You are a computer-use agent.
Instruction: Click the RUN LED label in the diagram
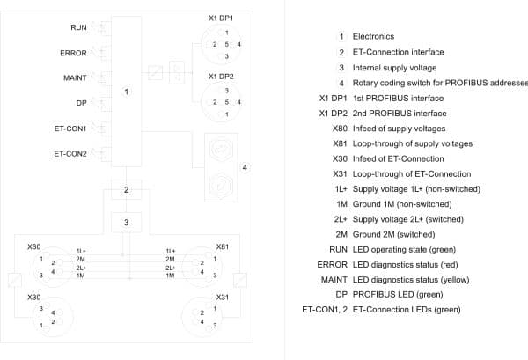pyautogui.click(x=78, y=27)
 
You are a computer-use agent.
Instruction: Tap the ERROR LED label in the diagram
pyautogui.click(x=73, y=53)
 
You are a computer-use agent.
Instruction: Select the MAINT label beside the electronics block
pyautogui.click(x=75, y=77)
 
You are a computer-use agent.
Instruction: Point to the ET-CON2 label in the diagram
pyautogui.click(x=70, y=154)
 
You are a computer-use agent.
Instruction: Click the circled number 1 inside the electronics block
pyautogui.click(x=126, y=92)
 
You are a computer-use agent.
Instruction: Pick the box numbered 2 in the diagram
pyautogui.click(x=126, y=189)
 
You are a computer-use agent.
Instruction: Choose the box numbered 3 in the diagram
pyautogui.click(x=126, y=223)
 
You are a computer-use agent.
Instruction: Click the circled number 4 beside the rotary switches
pyautogui.click(x=245, y=167)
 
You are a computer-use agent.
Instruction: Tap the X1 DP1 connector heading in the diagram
pyautogui.click(x=221, y=18)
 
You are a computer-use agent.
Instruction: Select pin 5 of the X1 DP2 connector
pyautogui.click(x=227, y=102)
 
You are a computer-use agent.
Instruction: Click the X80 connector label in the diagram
pyautogui.click(x=34, y=246)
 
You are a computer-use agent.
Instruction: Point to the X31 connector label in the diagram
pyautogui.click(x=223, y=297)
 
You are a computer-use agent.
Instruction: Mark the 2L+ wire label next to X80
pyautogui.click(x=81, y=268)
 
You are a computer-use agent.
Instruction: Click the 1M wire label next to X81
pyautogui.click(x=170, y=276)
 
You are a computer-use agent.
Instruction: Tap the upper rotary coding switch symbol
pyautogui.click(x=221, y=149)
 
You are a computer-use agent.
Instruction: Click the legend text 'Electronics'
pyautogui.click(x=373, y=36)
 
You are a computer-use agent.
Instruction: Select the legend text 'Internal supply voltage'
pyautogui.click(x=394, y=68)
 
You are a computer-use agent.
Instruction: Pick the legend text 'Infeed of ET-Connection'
pyautogui.click(x=399, y=158)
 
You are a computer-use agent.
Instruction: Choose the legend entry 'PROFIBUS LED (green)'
pyautogui.click(x=398, y=294)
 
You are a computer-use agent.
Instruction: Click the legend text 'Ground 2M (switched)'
pyautogui.click(x=394, y=234)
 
